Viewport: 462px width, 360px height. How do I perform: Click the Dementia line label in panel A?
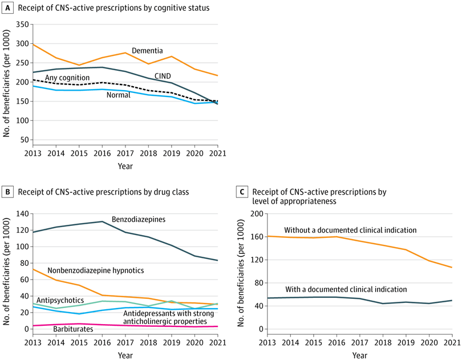tap(147, 51)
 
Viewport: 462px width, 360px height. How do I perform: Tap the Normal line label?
tap(118, 95)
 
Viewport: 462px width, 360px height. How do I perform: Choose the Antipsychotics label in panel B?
tap(60, 300)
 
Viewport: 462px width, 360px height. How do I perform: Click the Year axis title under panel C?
tap(359, 354)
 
